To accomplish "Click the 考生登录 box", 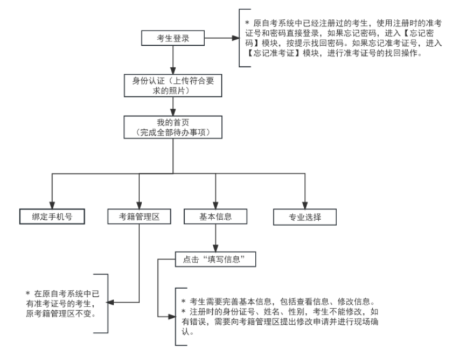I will (x=172, y=39).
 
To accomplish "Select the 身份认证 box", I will (x=172, y=85).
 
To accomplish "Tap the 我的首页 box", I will (x=172, y=127).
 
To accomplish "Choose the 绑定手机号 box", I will (x=51, y=217).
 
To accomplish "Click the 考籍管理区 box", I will (x=138, y=217).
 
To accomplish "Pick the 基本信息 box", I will (x=215, y=217).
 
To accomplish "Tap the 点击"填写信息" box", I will (x=215, y=259).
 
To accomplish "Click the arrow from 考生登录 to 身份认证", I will (x=172, y=61).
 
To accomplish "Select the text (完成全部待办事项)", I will (x=172, y=132).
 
